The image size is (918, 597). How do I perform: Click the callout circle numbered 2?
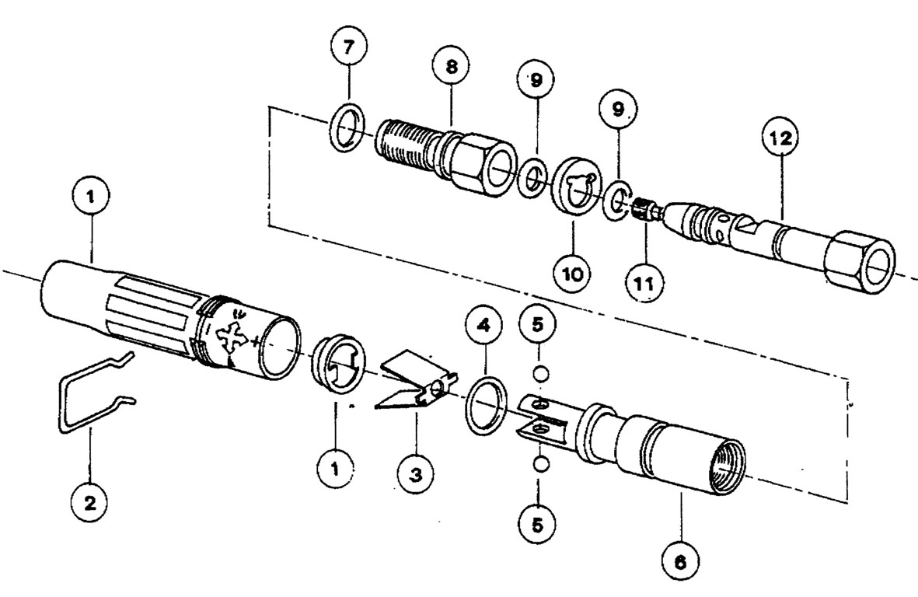pos(90,502)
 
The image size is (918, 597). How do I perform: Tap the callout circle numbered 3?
pos(417,470)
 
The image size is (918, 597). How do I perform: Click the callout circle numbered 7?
pos(347,48)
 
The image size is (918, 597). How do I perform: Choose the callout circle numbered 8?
pos(452,67)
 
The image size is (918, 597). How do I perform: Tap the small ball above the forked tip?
pos(542,374)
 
